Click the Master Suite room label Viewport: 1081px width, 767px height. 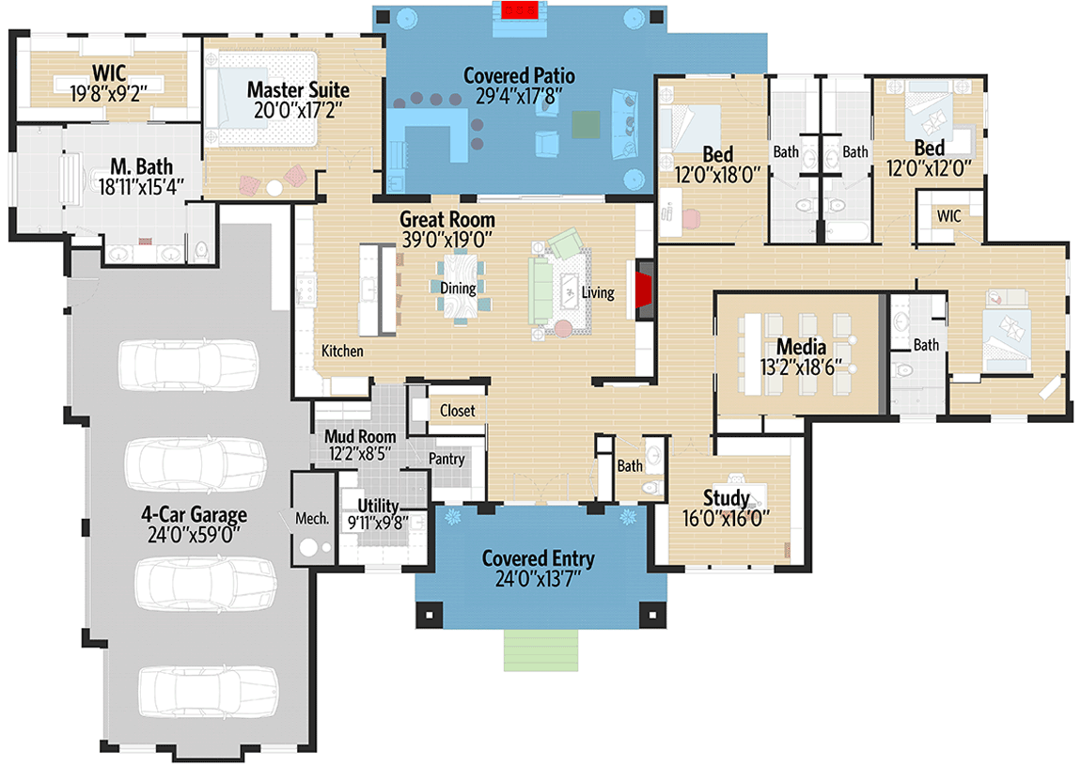298,89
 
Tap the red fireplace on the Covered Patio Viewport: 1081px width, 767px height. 520,9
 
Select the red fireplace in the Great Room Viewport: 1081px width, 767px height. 644,290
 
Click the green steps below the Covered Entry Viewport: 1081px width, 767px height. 540,650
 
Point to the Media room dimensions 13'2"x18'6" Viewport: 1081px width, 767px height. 800,368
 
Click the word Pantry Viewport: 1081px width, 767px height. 446,459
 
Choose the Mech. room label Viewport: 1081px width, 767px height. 312,518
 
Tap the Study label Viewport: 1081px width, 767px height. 726,497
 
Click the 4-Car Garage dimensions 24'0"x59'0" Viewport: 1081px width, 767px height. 194,535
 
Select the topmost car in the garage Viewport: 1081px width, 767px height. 189,365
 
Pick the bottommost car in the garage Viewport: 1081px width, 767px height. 208,691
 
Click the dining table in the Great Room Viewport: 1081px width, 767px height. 459,288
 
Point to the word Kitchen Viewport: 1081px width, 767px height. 342,351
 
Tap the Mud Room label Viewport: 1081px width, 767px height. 360,436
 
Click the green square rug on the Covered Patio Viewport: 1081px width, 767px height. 586,125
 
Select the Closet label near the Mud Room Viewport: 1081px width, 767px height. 457,411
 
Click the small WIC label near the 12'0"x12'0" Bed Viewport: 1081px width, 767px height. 948,215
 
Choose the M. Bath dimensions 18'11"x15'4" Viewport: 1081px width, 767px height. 141,187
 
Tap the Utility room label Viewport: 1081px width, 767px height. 378,506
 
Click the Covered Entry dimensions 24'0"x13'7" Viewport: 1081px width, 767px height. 538,579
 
